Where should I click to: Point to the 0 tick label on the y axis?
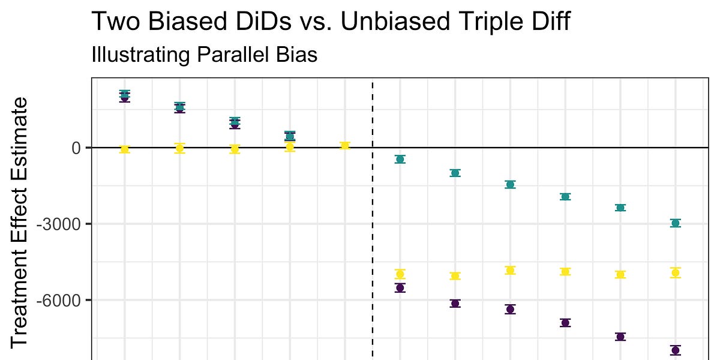coord(77,148)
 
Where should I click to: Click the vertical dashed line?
coord(373,240)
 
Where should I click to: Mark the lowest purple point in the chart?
coord(675,350)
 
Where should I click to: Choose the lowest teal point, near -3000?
coord(675,223)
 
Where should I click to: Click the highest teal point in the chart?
coord(124,94)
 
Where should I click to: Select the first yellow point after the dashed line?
coord(400,274)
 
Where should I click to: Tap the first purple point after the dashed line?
coord(400,288)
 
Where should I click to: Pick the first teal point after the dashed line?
coord(400,159)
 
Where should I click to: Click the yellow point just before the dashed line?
coord(344,145)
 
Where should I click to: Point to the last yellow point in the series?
coord(675,273)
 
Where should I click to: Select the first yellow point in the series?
coord(124,149)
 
